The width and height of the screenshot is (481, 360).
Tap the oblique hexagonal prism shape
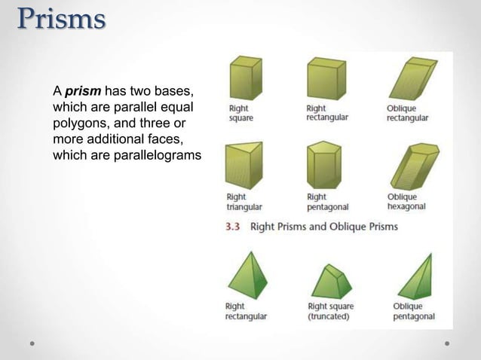[411, 166]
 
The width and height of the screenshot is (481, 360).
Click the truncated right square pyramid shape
[331, 281]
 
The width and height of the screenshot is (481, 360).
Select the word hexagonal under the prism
[406, 207]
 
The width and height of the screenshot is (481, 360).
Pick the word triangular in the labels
[245, 207]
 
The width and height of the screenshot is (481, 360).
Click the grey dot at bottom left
[32, 343]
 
